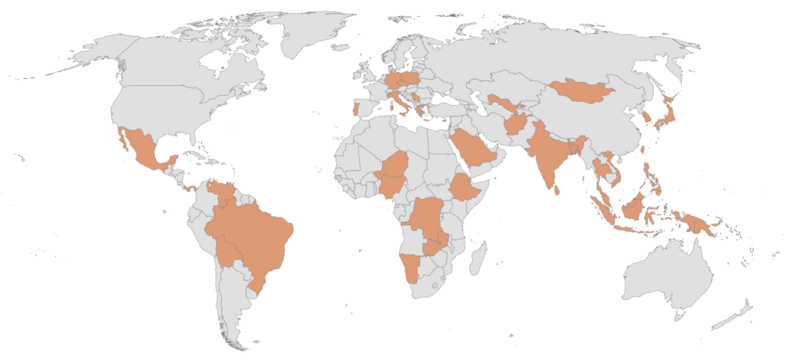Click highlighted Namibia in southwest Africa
click(411, 269)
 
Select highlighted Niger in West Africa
click(395, 171)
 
